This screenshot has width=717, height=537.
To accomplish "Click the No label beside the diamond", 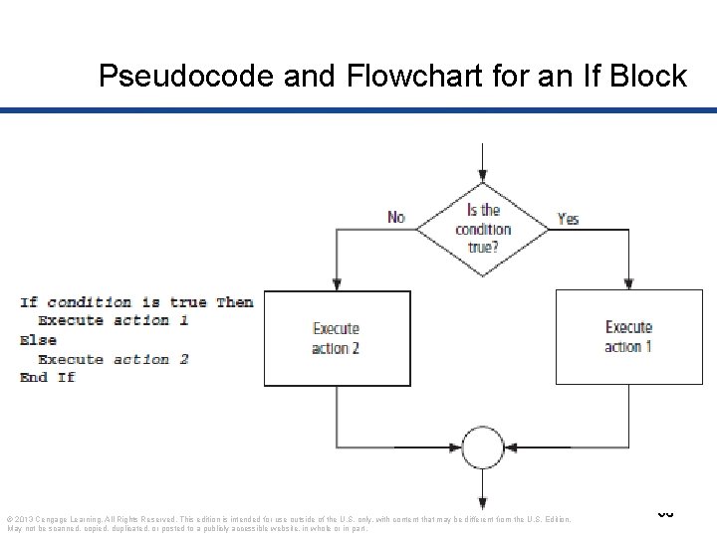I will click(x=395, y=218).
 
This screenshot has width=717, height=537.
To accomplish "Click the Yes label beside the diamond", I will click(x=568, y=218).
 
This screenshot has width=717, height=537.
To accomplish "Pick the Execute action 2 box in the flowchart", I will click(x=337, y=338).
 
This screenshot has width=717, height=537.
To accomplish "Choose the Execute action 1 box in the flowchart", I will click(x=628, y=337).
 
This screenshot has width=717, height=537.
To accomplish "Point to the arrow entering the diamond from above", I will click(x=483, y=164).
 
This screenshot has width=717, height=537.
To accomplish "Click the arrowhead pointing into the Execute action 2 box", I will click(x=338, y=283).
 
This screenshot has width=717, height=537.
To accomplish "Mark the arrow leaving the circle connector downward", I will click(x=483, y=492).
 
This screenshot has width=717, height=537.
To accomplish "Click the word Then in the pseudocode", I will click(x=234, y=302).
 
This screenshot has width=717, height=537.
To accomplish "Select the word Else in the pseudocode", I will click(x=37, y=340).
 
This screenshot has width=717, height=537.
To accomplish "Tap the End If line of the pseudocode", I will click(x=47, y=378).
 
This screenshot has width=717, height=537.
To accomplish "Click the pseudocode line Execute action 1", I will click(x=113, y=321).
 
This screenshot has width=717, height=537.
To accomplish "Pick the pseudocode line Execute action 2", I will click(x=113, y=359).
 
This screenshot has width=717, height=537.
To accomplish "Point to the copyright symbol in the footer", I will click(x=10, y=519).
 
